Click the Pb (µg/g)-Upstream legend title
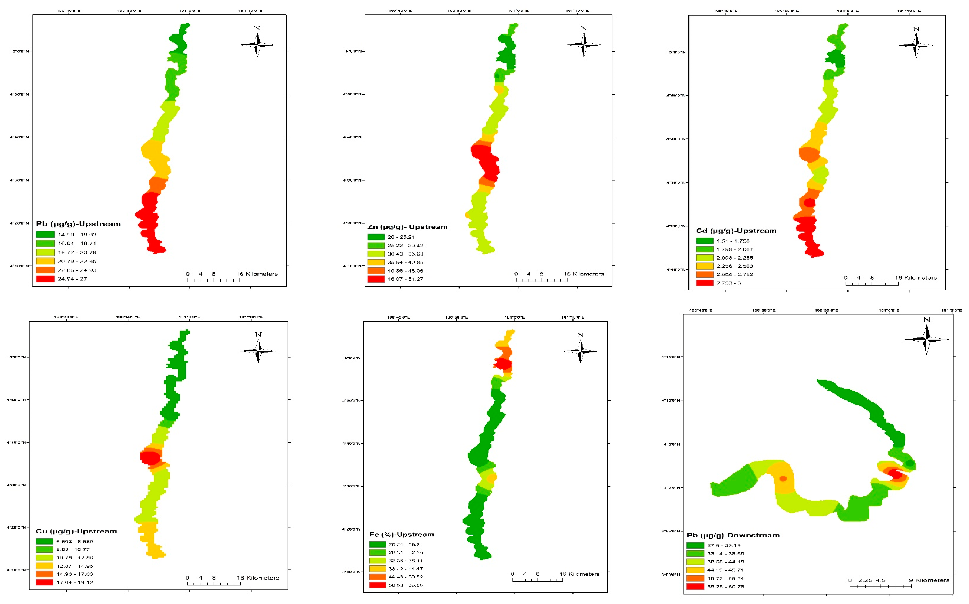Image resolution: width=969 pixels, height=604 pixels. (x=78, y=224)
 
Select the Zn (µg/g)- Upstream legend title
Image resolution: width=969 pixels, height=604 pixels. (x=407, y=227)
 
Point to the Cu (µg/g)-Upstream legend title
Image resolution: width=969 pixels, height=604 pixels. (x=76, y=531)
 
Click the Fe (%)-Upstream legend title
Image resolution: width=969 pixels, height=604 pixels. (x=401, y=534)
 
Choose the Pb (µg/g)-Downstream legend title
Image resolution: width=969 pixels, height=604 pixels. (x=733, y=535)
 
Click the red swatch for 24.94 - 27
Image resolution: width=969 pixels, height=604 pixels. (x=45, y=279)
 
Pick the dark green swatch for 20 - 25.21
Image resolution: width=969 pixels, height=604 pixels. (x=376, y=237)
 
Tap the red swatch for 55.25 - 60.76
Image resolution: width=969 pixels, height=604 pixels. (x=695, y=586)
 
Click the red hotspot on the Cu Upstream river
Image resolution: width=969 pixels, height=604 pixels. (x=150, y=457)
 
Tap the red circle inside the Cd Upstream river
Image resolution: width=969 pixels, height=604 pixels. (x=810, y=203)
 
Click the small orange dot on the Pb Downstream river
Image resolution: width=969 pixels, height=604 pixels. (x=783, y=479)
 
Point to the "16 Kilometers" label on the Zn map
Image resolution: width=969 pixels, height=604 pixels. (x=584, y=274)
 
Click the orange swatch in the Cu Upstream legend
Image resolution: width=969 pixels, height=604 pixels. (x=44, y=574)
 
